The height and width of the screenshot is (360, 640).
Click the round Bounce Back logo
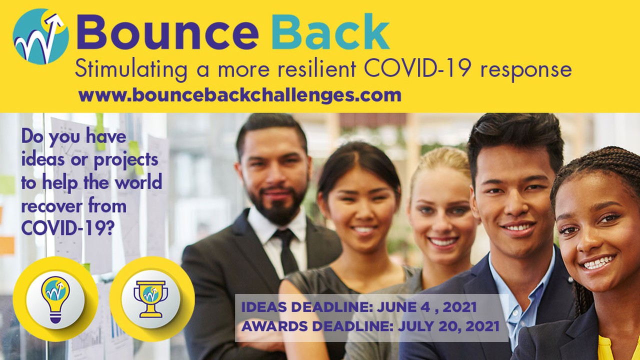40,36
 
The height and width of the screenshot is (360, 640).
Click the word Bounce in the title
167,33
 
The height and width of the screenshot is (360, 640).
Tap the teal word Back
332,33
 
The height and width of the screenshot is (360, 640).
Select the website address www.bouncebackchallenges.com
240,95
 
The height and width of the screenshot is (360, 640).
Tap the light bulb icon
55,299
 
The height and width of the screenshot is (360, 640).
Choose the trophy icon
151,299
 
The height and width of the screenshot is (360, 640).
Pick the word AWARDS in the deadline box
275,326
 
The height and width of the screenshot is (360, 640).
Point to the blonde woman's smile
443,241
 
